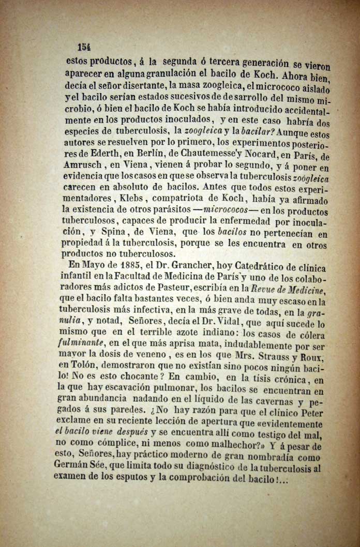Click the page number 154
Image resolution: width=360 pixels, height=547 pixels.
click(x=84, y=46)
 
